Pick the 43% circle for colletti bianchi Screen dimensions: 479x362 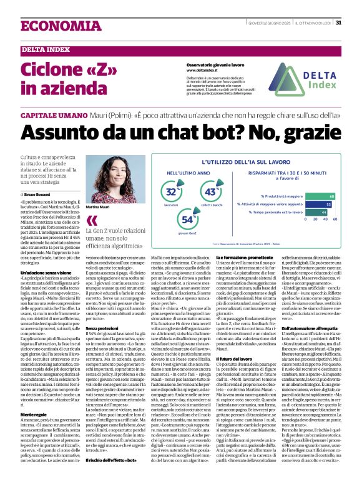click(x=210, y=193)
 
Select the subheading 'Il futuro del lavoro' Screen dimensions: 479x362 click(x=234, y=358)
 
